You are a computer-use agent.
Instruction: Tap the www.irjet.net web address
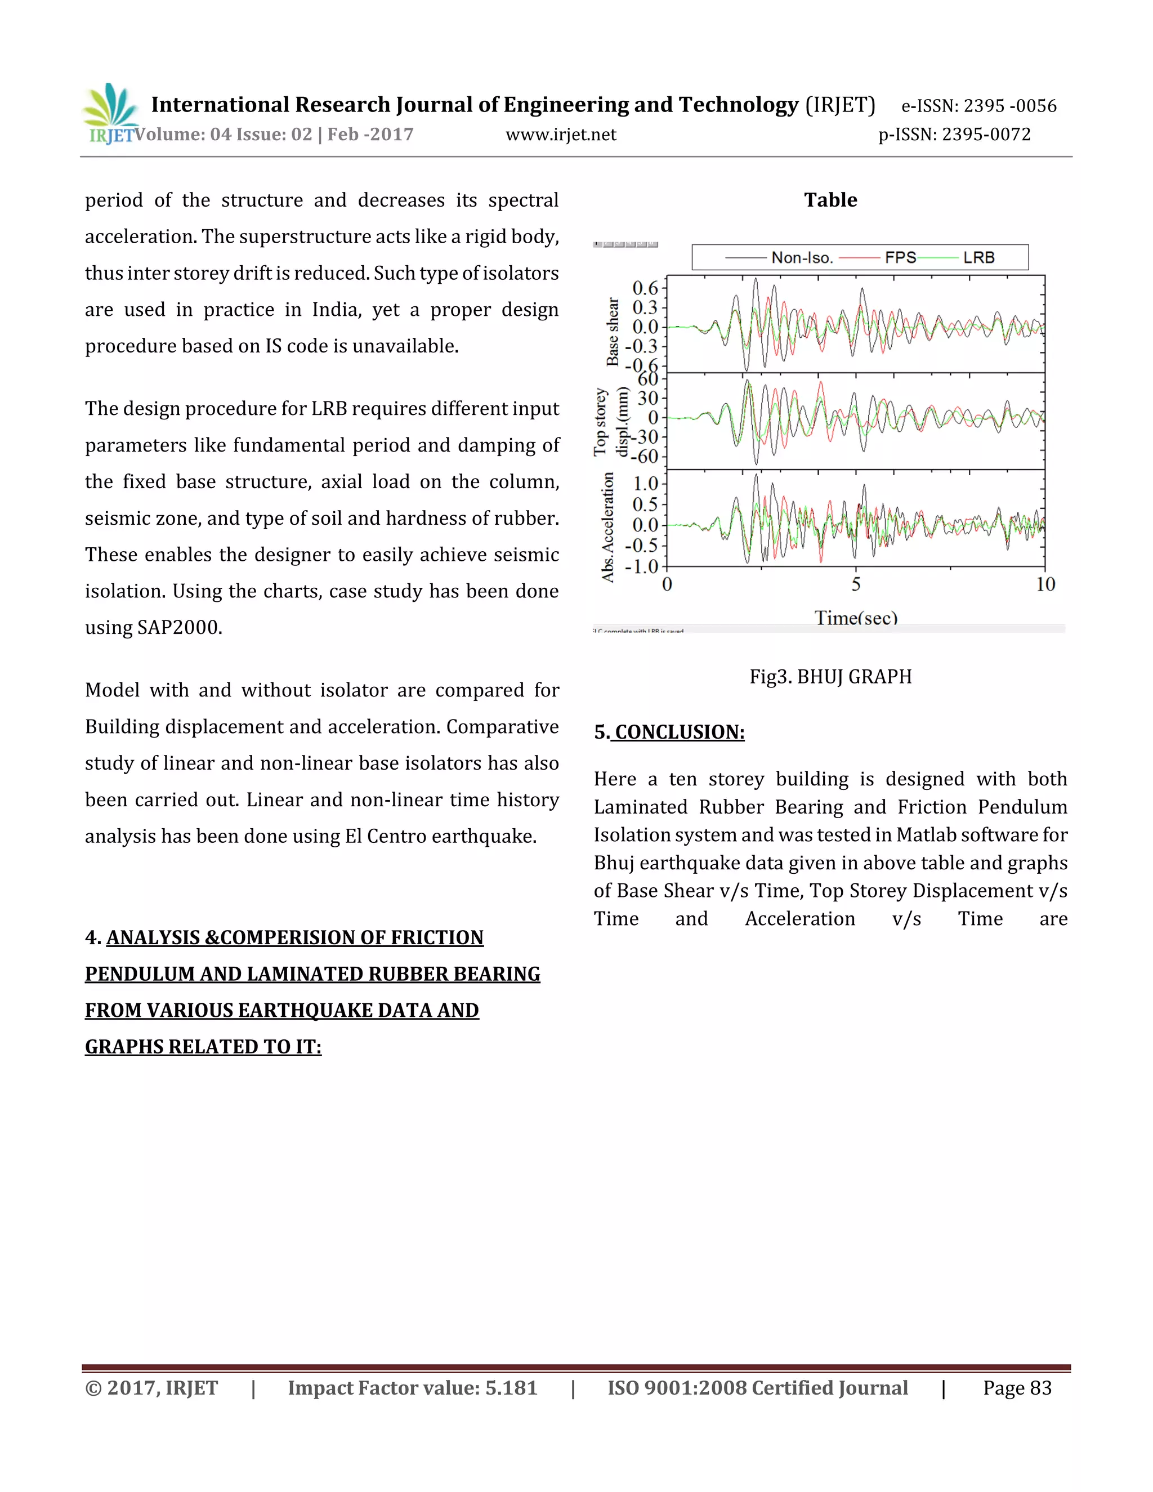point(561,135)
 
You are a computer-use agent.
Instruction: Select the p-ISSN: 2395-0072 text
point(954,135)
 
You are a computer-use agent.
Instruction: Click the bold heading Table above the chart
point(830,200)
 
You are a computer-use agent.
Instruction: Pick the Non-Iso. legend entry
point(801,257)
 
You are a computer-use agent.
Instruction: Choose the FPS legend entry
point(900,257)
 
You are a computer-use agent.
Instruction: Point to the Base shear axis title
point(613,331)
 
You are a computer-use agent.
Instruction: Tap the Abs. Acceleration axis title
point(607,527)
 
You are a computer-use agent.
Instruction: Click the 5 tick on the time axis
point(856,584)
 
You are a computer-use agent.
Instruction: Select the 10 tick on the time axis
point(1045,584)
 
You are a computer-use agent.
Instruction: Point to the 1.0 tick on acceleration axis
point(645,484)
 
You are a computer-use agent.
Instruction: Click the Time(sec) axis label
point(856,618)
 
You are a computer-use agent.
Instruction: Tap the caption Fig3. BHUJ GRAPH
point(830,676)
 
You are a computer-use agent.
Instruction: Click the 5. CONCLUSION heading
point(669,732)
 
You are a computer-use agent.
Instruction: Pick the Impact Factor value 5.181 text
point(412,1388)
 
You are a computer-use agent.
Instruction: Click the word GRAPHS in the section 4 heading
point(124,1047)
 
